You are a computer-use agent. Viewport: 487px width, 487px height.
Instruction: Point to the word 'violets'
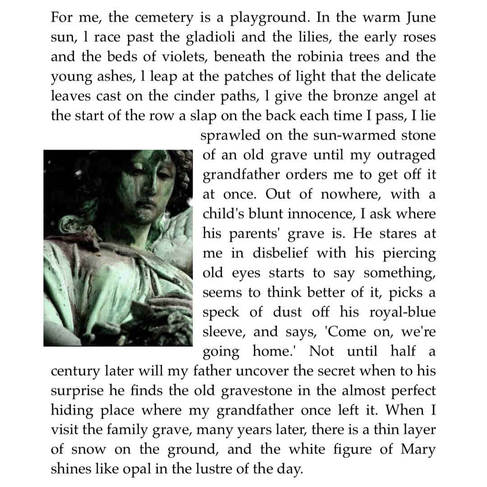click(186, 57)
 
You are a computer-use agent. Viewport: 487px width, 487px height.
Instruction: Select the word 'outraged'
click(406, 155)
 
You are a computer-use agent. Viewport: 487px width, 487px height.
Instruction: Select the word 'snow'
click(89, 450)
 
